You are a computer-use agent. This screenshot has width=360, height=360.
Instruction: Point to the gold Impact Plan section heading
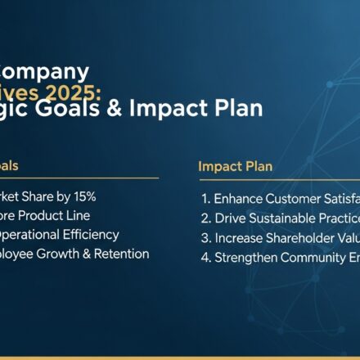(236, 166)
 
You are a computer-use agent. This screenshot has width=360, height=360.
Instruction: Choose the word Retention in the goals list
(124, 254)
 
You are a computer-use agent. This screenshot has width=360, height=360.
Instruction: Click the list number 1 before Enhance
(205, 199)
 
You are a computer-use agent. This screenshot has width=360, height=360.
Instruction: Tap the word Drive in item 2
(231, 218)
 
